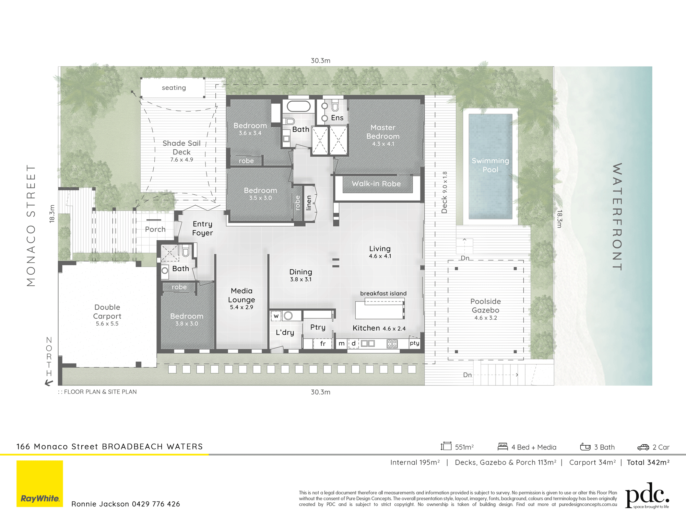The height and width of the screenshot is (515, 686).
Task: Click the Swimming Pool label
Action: pos(490,165)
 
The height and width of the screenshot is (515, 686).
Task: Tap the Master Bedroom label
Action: pos(383,132)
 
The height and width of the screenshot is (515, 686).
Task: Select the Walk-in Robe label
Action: pos(376,184)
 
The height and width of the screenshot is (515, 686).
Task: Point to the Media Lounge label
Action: pos(241,295)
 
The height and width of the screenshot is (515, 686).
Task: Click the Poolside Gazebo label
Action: pos(485,306)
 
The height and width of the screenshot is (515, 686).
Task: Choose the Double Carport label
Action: pos(107,311)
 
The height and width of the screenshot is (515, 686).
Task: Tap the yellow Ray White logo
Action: pos(40,483)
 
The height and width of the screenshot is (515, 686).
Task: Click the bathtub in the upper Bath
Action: pos(299,106)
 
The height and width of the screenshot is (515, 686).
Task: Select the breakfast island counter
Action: pos(380,309)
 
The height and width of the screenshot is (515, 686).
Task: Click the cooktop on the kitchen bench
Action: pos(392,343)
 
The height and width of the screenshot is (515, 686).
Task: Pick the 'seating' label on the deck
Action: pos(174,88)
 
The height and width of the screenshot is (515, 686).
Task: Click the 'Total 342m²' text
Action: pos(648,462)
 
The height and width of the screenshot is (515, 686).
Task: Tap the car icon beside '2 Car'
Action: pos(643,447)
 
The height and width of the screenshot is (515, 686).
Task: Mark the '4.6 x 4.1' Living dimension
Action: pos(380,256)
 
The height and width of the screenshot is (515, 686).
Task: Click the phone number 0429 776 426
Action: pos(156,504)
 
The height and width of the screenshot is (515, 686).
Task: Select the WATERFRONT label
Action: pos(617,217)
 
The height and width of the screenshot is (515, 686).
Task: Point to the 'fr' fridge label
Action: pos(323,343)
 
